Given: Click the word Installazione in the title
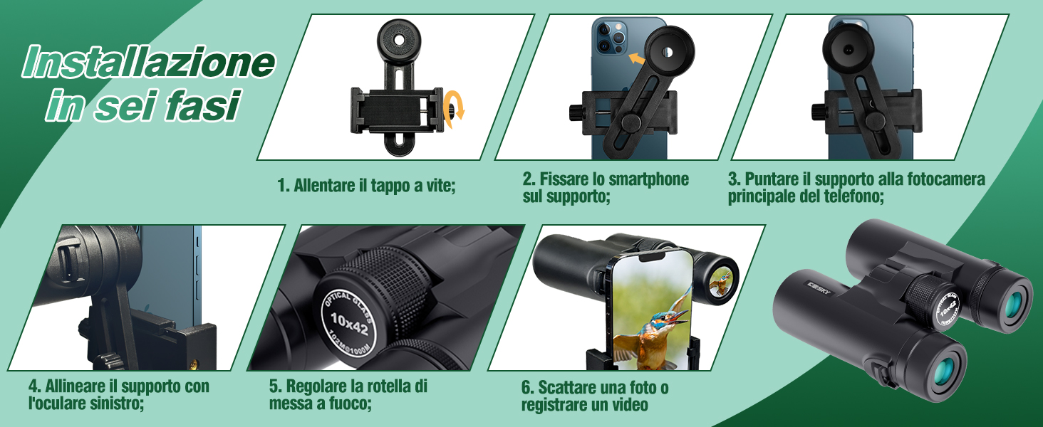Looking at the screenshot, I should pos(148,63).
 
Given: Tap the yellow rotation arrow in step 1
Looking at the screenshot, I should pos(453,109).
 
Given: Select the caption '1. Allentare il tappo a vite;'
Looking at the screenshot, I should pos(366,186).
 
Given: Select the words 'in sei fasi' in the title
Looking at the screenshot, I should pos(141,105).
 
